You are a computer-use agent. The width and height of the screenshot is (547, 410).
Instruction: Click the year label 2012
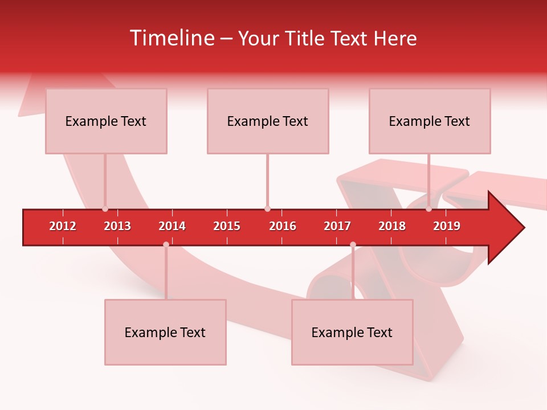pos(63,226)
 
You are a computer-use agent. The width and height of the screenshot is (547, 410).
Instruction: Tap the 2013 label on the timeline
pos(117,226)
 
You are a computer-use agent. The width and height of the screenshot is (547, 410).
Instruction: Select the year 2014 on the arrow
pos(172,226)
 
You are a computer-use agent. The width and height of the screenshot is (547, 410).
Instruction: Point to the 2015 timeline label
pos(227,226)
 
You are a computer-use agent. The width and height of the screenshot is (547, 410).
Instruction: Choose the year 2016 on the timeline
pos(283,226)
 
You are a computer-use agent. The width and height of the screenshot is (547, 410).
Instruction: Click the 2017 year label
pos(337,226)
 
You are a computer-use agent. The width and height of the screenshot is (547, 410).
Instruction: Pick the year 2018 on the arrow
pos(392,226)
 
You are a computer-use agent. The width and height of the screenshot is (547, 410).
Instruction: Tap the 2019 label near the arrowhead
pos(447,226)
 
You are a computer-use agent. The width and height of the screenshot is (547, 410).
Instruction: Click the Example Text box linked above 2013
pos(106,121)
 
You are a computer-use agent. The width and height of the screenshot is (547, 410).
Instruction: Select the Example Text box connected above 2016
pos(268,121)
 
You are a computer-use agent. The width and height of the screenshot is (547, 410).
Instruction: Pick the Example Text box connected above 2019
pos(430,121)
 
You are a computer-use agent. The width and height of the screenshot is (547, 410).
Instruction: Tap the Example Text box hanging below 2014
pos(165,332)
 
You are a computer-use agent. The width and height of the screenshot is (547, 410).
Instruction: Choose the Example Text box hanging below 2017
pos(352,332)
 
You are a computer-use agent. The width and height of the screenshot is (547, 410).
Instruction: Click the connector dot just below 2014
pos(166,245)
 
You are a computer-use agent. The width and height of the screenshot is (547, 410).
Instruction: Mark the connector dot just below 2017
pos(353,245)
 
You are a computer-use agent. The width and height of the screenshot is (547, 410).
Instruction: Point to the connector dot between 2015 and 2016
pos(267,209)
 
